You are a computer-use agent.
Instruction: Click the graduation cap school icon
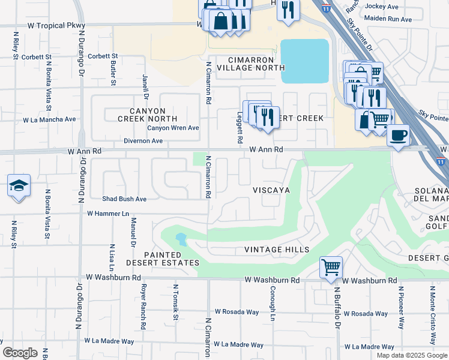[19, 185]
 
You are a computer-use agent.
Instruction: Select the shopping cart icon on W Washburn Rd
[331, 267]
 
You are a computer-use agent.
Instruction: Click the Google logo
[20, 353]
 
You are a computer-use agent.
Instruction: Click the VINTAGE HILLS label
[277, 250]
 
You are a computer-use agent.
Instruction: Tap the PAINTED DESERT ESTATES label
[163, 259]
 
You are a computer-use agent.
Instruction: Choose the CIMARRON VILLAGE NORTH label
[250, 64]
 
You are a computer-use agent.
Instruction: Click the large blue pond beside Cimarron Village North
[304, 61]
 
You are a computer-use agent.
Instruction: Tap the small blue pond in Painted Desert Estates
[181, 240]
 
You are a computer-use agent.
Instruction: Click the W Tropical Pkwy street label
[56, 26]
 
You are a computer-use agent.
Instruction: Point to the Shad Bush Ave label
[124, 199]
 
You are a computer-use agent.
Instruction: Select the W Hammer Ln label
[108, 213]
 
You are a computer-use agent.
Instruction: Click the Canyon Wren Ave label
[173, 128]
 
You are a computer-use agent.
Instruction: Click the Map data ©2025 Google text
[411, 355]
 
